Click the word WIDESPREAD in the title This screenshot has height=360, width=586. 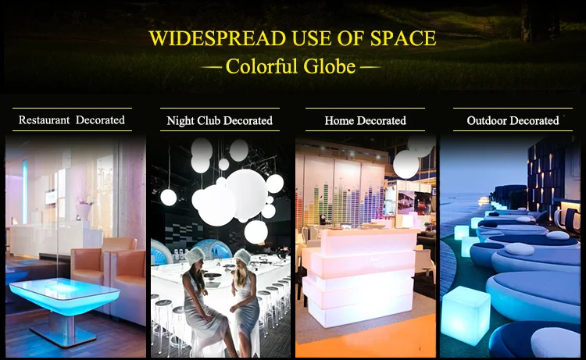pos(217,38)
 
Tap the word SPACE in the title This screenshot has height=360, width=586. pos(403,38)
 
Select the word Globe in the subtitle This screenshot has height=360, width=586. pos(329,66)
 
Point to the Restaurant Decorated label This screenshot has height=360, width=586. pos(72,120)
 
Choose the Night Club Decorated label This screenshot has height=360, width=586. pos(220,120)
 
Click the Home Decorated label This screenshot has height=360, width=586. pos(365,120)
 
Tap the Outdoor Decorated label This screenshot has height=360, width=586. pos(513,120)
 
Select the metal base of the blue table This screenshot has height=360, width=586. pos(63,330)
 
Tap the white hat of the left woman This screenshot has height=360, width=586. pos(195,256)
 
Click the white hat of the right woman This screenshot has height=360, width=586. pos(242,257)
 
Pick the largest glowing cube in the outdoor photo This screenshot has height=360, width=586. pos(466,315)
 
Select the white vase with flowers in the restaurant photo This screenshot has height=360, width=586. pos(84,211)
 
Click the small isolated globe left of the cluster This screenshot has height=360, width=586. pos(169,197)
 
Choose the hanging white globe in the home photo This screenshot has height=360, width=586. pos(406,164)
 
